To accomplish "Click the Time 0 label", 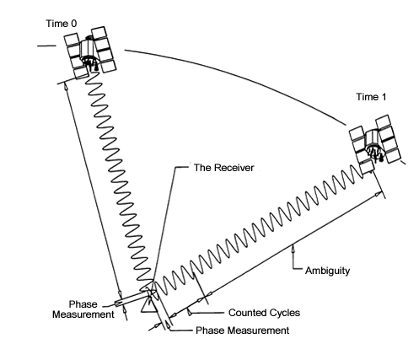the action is pyautogui.click(x=61, y=24).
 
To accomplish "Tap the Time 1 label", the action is pyautogui.click(x=371, y=97).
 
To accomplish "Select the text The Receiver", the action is pyautogui.click(x=224, y=168).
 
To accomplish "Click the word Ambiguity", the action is pyautogui.click(x=327, y=271).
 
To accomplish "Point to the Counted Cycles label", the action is pyautogui.click(x=264, y=313).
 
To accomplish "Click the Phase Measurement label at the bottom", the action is pyautogui.click(x=242, y=330).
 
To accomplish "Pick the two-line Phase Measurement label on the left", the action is pyautogui.click(x=83, y=309).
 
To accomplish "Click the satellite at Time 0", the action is pyautogui.click(x=90, y=52).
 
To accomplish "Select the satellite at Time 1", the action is pyautogui.click(x=376, y=144).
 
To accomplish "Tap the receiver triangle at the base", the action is pyautogui.click(x=148, y=305).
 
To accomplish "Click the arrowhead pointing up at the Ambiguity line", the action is pyautogui.click(x=293, y=249).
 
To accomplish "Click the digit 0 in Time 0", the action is pyautogui.click(x=73, y=24).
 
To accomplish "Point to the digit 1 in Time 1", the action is pyautogui.click(x=384, y=97).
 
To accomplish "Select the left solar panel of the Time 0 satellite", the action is pyautogui.click(x=75, y=56).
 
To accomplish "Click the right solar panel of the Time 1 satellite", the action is pyautogui.click(x=389, y=139).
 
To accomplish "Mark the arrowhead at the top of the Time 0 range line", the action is pyautogui.click(x=67, y=86).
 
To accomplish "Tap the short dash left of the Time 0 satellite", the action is pyautogui.click(x=46, y=46).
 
